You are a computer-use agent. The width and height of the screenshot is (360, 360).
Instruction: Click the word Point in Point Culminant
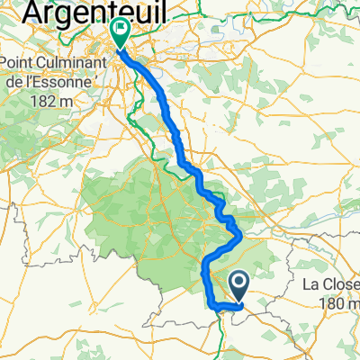(x=21, y=65)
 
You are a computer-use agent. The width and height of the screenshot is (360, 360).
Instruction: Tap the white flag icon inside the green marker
(x=120, y=30)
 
